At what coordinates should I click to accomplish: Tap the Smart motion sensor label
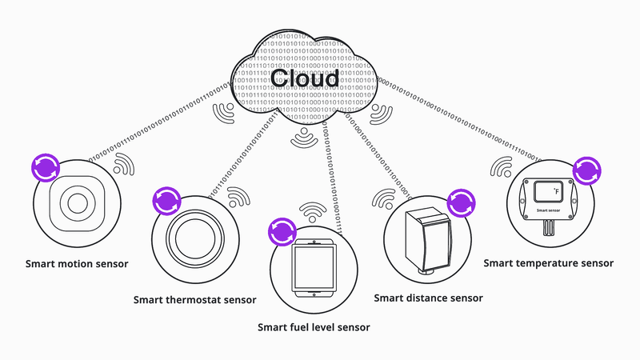click(x=77, y=263)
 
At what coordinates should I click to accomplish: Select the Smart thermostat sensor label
click(x=194, y=300)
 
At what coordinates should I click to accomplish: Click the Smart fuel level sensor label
click(x=314, y=327)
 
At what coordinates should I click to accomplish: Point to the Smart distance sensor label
click(x=429, y=298)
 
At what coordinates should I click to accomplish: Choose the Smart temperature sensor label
click(x=549, y=263)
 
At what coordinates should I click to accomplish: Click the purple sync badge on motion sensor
click(x=44, y=167)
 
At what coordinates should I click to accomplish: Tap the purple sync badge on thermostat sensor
click(x=166, y=200)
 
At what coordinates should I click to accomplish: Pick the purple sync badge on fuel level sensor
click(x=282, y=231)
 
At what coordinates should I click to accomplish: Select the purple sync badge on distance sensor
click(x=460, y=202)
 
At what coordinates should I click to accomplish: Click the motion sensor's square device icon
click(x=77, y=202)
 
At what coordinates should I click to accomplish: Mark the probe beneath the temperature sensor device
click(x=549, y=229)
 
